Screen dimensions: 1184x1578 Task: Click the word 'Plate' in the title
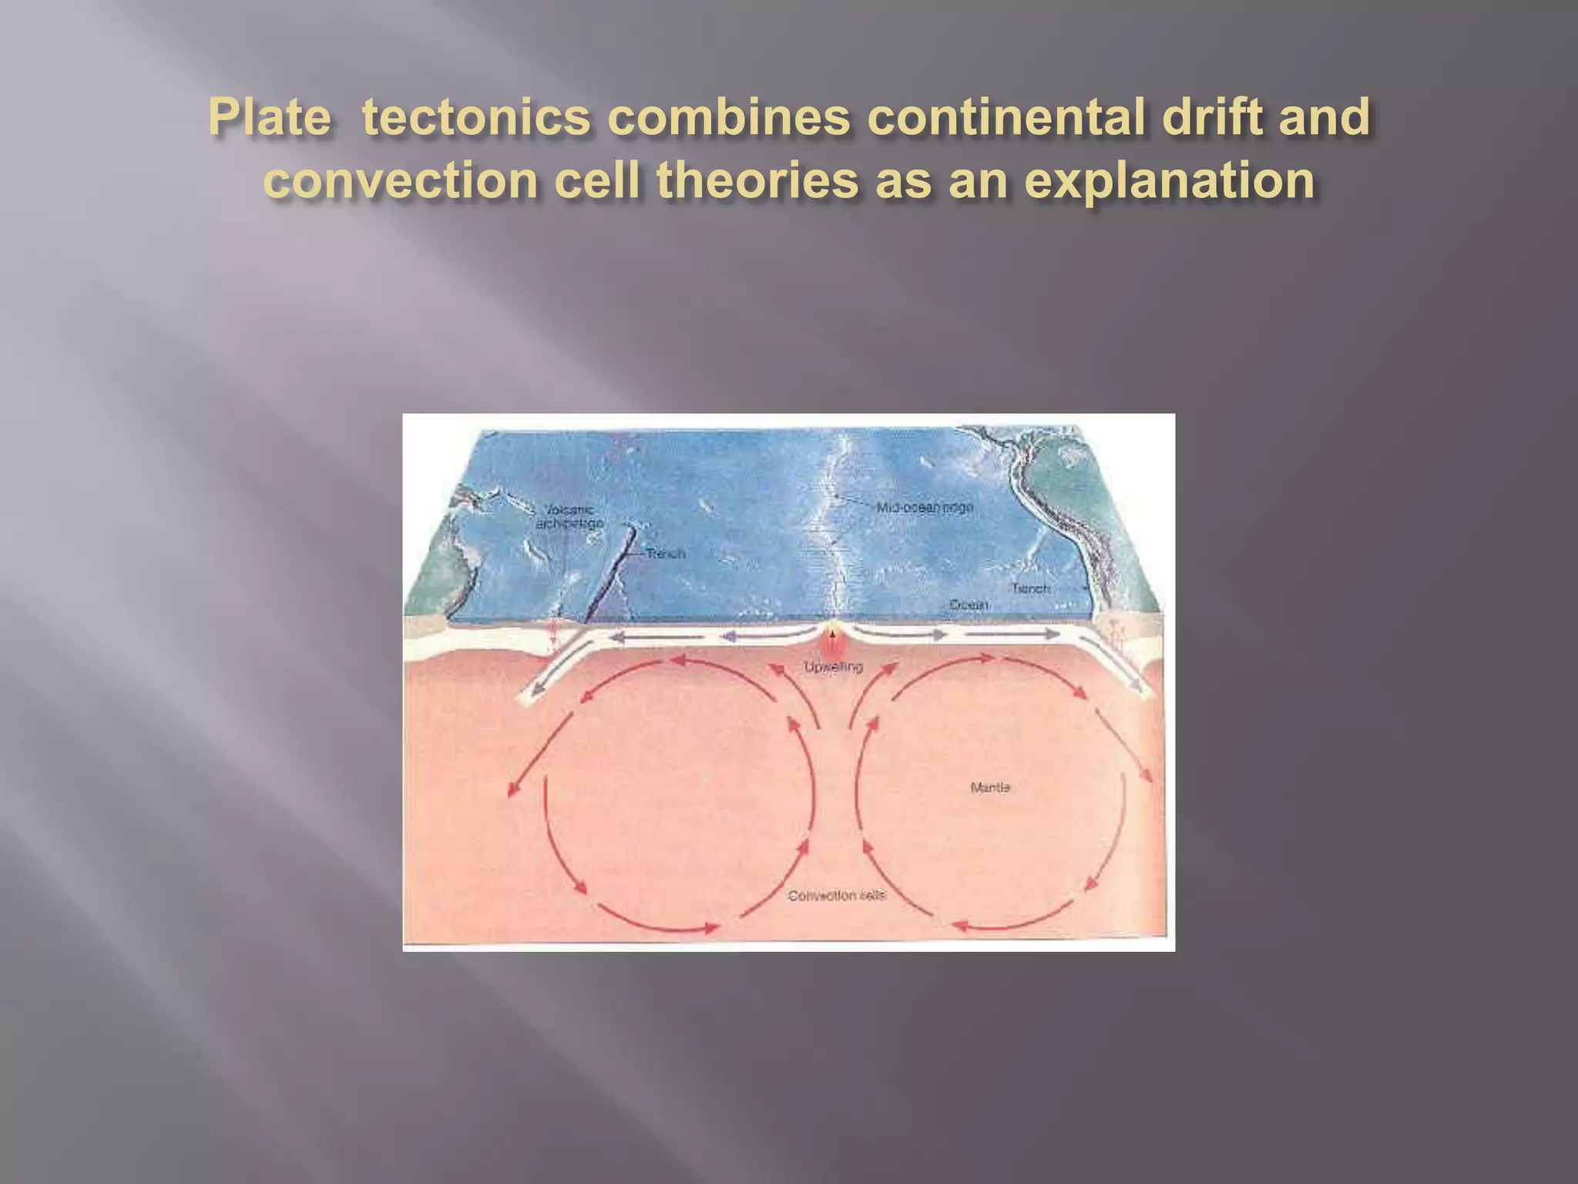pyautogui.click(x=270, y=117)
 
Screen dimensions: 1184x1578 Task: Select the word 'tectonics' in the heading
pyautogui.click(x=476, y=117)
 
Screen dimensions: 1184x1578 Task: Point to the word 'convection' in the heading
pyautogui.click(x=400, y=180)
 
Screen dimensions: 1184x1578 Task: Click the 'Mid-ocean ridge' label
pyautogui.click(x=925, y=508)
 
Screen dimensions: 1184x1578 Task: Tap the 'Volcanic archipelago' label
pyautogui.click(x=569, y=517)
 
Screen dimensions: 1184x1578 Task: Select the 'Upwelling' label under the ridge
pyautogui.click(x=833, y=667)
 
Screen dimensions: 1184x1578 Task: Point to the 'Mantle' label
pyautogui.click(x=990, y=788)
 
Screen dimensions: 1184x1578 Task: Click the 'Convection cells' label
pyautogui.click(x=837, y=896)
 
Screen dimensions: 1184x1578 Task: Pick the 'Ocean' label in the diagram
pyautogui.click(x=969, y=605)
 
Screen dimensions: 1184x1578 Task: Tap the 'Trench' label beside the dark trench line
pyautogui.click(x=665, y=553)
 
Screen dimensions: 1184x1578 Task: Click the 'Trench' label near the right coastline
pyautogui.click(x=1030, y=589)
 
